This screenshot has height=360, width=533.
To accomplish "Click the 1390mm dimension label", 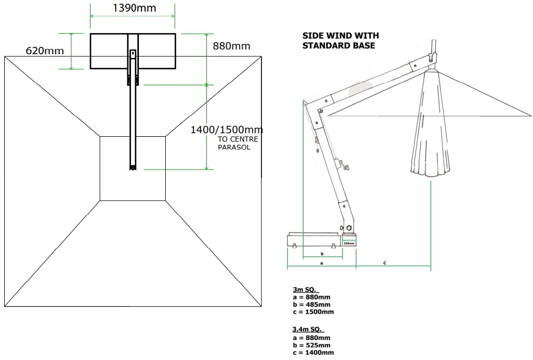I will click(x=134, y=8).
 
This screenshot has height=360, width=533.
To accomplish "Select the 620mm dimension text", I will click(x=45, y=51).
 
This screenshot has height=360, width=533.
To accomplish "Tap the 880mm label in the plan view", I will click(x=231, y=46).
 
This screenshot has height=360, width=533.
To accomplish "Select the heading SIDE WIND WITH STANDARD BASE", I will click(x=340, y=41).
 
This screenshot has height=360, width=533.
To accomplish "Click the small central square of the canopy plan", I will click(x=132, y=168).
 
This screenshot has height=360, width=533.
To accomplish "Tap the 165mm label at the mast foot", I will click(x=348, y=243).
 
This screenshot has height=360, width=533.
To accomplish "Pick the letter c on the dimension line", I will click(x=385, y=262).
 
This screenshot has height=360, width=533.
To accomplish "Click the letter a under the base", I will click(x=321, y=262).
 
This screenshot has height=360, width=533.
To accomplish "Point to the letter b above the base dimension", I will click(x=321, y=253).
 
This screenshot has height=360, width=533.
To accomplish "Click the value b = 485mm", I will click(x=311, y=304).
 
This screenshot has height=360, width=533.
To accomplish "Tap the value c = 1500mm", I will click(x=313, y=312).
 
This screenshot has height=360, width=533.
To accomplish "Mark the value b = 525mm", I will click(x=311, y=345).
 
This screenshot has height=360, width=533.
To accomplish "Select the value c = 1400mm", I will click(x=313, y=352).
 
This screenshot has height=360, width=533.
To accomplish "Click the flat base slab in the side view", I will click(x=313, y=241).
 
